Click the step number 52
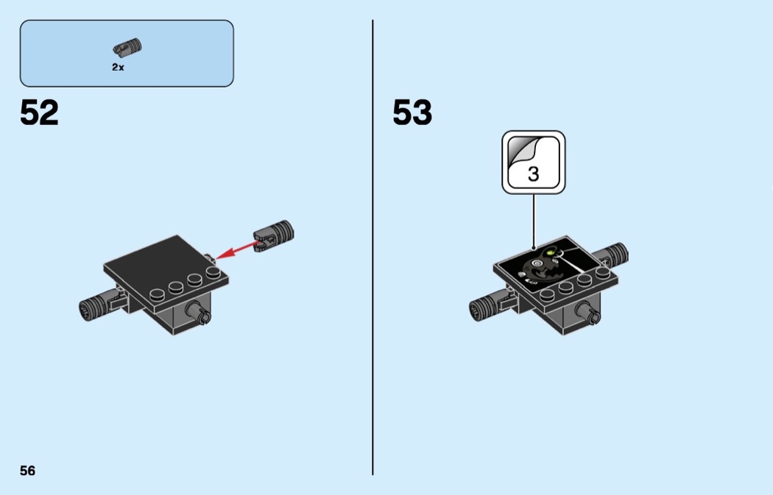(x=39, y=113)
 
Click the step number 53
(x=412, y=113)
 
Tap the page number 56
(x=28, y=471)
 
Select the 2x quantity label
(x=118, y=67)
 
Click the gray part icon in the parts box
(x=127, y=47)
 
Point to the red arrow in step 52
(x=236, y=250)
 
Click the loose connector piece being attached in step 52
(x=274, y=236)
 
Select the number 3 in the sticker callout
(x=534, y=174)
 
